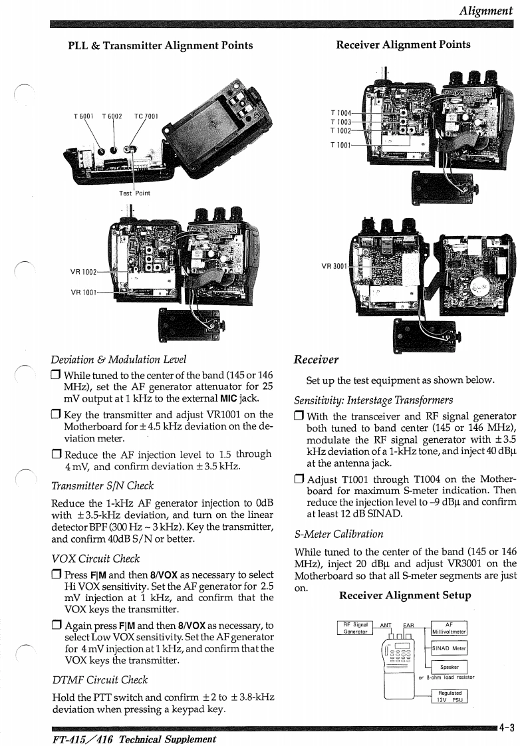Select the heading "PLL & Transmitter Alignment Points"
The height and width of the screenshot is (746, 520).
click(160, 45)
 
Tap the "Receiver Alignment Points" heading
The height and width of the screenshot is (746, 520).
click(403, 45)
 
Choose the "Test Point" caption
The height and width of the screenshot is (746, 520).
click(134, 193)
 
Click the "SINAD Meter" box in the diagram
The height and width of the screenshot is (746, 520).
click(450, 648)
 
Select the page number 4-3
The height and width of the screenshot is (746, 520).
click(508, 727)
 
